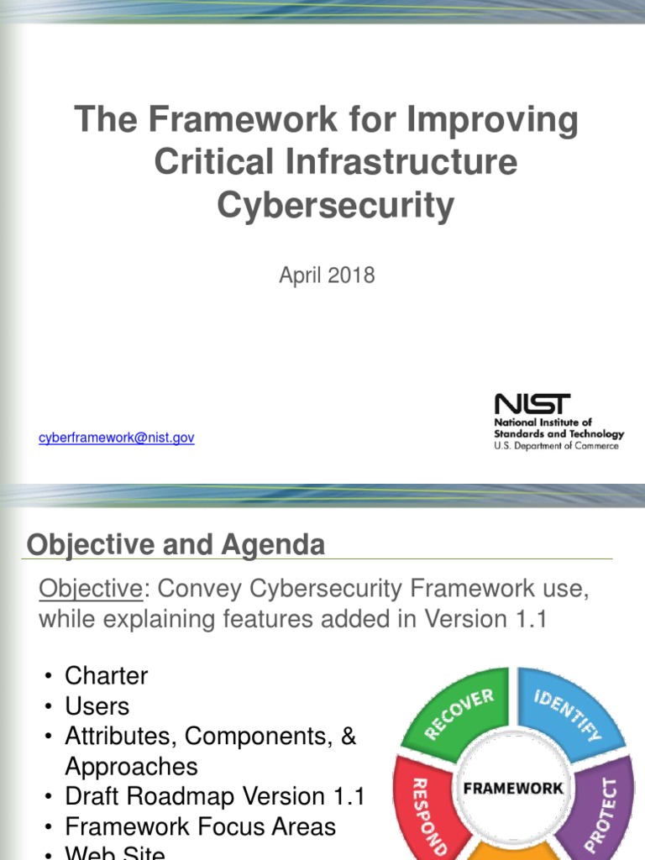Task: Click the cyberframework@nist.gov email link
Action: click(x=117, y=438)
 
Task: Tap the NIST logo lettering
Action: click(x=532, y=404)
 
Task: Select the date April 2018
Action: click(x=327, y=275)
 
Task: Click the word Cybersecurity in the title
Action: click(x=335, y=205)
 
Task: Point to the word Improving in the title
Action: click(x=492, y=120)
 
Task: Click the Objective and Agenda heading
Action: click(x=176, y=545)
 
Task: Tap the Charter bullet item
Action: click(x=106, y=676)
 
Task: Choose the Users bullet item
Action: click(x=97, y=706)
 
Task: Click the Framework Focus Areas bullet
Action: click(x=200, y=826)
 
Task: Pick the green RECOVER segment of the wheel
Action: click(x=458, y=713)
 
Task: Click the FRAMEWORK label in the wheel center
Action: click(x=513, y=789)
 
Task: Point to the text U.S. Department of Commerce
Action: click(x=555, y=447)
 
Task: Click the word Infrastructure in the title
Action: click(x=335, y=162)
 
